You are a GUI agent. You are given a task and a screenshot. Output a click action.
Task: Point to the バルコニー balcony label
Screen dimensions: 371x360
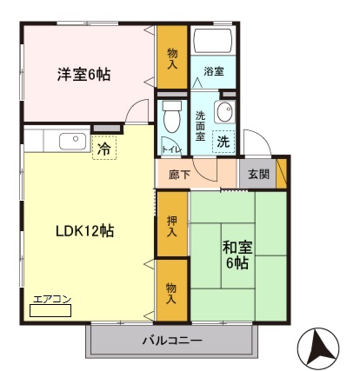tap(173, 340)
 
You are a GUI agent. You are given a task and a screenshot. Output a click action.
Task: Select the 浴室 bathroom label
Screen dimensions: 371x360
tap(214, 71)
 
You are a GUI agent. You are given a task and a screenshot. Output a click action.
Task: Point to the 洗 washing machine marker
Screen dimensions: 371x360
tap(223, 142)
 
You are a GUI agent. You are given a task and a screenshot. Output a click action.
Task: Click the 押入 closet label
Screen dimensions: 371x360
tap(172, 226)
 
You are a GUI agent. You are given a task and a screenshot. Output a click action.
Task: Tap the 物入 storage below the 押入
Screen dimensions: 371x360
tap(172, 293)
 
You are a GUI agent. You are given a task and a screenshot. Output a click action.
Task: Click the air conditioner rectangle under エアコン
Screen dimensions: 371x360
tap(50, 310)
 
